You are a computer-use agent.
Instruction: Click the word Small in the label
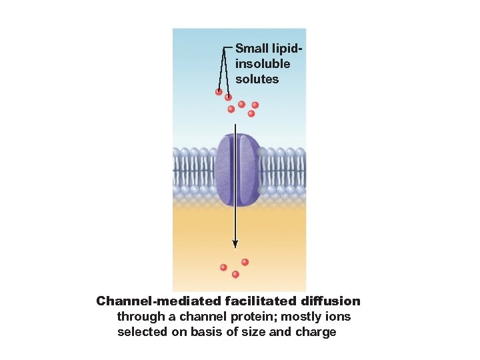(x=252, y=49)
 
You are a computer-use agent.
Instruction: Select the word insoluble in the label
(x=263, y=64)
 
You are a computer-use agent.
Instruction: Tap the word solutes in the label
(x=257, y=79)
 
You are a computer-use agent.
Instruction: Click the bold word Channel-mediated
(x=159, y=301)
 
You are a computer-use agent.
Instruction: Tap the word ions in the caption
(x=339, y=317)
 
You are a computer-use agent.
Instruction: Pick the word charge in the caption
(x=315, y=332)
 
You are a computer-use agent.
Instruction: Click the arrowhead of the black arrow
(x=235, y=245)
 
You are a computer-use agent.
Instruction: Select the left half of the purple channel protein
(x=225, y=169)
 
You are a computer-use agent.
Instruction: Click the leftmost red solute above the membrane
(x=219, y=92)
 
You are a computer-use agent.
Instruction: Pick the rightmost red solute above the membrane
(x=255, y=105)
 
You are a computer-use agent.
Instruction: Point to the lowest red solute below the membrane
(x=235, y=274)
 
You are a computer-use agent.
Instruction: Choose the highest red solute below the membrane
(x=245, y=262)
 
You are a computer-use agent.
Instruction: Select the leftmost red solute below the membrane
(x=224, y=267)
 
